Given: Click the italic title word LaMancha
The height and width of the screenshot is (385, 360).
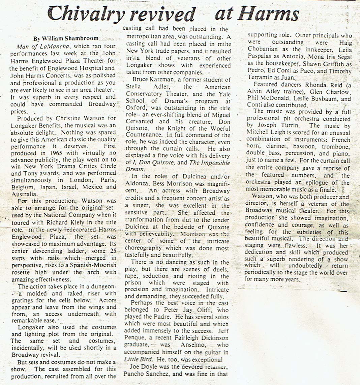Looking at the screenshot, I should pos(56,46).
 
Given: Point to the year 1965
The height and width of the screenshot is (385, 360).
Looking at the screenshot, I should pos(57,153).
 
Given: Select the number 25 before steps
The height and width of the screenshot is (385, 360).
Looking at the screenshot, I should pos(113,251).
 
